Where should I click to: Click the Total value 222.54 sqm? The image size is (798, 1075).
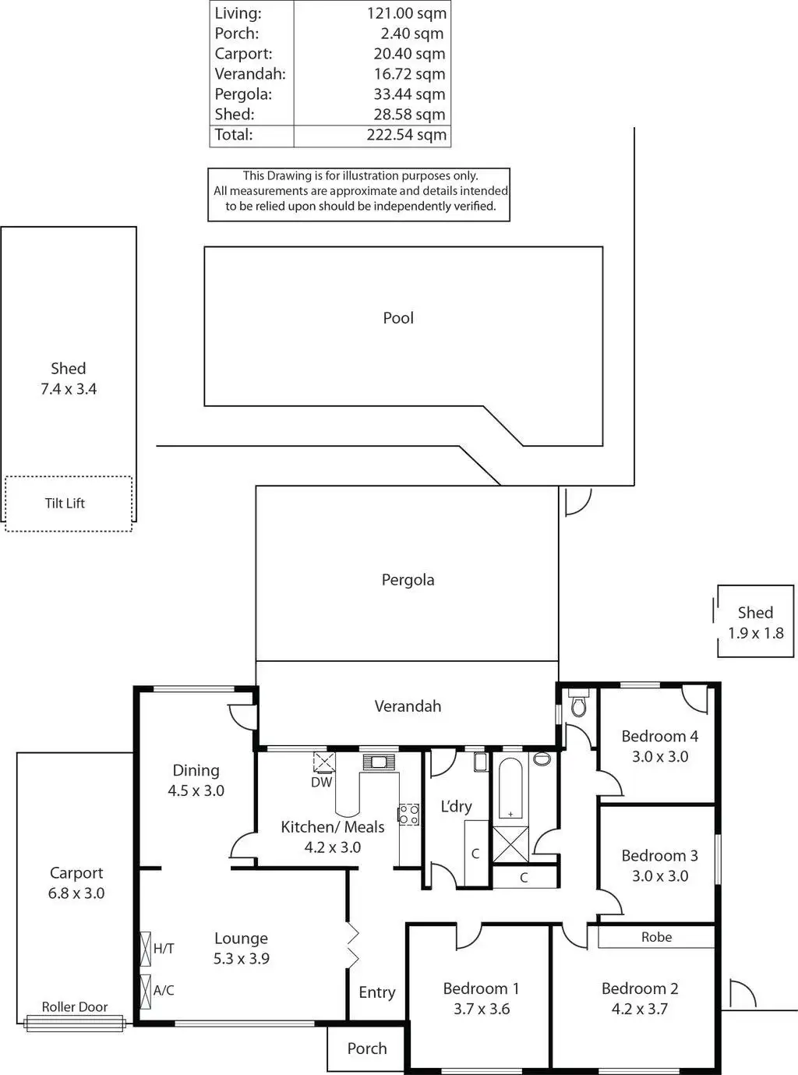tap(406, 135)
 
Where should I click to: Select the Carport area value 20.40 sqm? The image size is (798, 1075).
tap(409, 54)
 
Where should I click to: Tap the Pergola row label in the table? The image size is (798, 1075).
tap(243, 94)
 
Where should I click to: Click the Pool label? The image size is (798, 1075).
tap(398, 318)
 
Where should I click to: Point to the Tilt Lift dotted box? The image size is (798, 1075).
tap(69, 504)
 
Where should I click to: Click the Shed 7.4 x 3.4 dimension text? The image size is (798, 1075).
tap(69, 389)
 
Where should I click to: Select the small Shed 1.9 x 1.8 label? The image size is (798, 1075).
tap(755, 623)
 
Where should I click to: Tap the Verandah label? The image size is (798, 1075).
tap(408, 706)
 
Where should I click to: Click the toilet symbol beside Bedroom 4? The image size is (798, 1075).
tap(578, 705)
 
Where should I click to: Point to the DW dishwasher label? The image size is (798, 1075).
tap(321, 782)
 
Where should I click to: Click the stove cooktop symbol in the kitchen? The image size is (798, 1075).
tap(408, 815)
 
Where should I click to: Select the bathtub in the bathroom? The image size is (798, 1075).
tap(510, 787)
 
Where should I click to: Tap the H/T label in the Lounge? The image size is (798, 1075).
tap(164, 949)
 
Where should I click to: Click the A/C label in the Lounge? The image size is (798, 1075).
tap(164, 991)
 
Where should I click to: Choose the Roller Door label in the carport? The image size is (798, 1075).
tap(75, 1007)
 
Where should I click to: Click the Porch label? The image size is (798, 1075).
tap(367, 1048)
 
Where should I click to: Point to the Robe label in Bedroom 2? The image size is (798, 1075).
tap(656, 937)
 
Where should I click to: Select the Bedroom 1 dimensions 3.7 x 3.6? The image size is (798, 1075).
tap(482, 1009)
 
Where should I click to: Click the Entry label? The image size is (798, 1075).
tap(377, 992)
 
